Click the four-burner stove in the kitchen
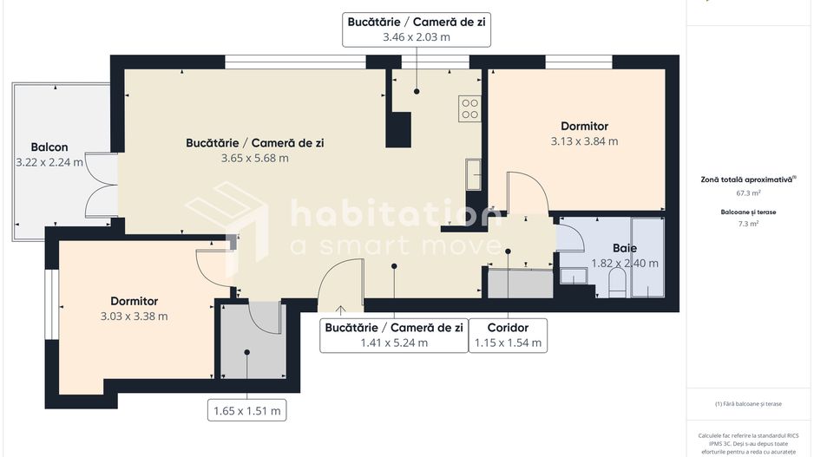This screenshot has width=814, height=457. coord(469,108)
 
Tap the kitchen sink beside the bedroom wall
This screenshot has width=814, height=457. coord(473,173)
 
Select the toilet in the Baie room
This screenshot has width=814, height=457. coord(617,281)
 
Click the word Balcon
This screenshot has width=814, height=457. coord(49,147)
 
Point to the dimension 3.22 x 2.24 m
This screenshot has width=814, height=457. coord(49,161)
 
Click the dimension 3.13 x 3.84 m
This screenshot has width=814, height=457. coord(584,140)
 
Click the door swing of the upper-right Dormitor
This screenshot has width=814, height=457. coord(526,193)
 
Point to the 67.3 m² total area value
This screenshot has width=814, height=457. coord(749,193)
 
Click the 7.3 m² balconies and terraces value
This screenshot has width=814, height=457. coord(749,224)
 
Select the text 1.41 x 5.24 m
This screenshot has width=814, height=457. coord(394,343)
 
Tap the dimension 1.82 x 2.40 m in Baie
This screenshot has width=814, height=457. coord(624,263)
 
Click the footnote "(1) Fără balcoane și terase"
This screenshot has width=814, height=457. coord(749,403)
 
